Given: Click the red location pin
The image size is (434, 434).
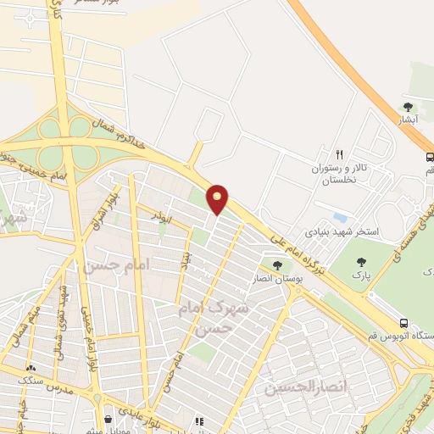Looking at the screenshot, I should pos(219,199).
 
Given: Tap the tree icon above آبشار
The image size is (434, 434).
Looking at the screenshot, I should pos(409,108).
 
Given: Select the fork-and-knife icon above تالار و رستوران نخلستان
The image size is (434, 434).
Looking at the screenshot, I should pos(339,154).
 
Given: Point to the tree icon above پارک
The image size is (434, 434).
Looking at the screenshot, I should pos(362,263).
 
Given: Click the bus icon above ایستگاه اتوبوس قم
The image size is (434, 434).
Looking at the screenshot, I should pos(404,323).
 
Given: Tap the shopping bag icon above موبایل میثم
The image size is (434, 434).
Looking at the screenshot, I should pos(108,419).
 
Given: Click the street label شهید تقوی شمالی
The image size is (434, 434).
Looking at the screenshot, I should pos(59,323).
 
